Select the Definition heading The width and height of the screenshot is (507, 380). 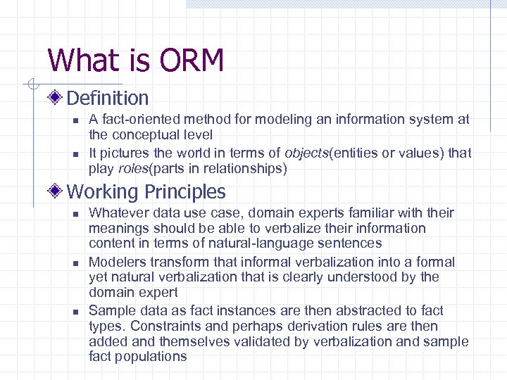[x=107, y=98]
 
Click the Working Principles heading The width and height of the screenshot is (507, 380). [x=146, y=191]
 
